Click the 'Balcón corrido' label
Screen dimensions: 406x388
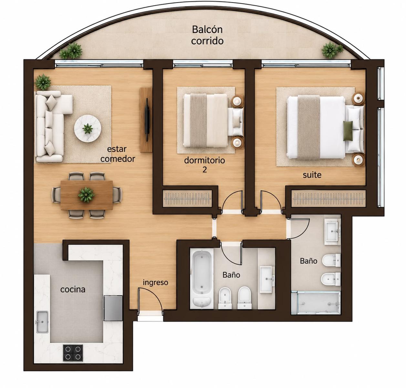coord(207,35)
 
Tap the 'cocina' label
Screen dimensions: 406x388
coord(73,289)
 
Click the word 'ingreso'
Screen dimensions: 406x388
coord(155,283)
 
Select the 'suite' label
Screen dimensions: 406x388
coord(312,175)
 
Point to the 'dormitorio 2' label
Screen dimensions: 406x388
coord(204,165)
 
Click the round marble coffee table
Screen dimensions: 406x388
coord(88,128)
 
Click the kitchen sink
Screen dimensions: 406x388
coord(42,322)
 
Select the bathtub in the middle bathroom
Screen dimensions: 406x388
coord(202,279)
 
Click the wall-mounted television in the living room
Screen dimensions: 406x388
coord(147,120)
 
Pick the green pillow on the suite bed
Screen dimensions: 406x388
coord(348,131)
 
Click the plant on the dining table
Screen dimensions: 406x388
coord(86,195)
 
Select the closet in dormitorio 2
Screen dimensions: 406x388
coord(187,199)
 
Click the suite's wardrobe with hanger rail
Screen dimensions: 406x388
coord(328,199)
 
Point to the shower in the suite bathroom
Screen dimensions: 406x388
coord(316,303)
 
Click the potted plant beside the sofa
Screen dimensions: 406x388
coord(43,82)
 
